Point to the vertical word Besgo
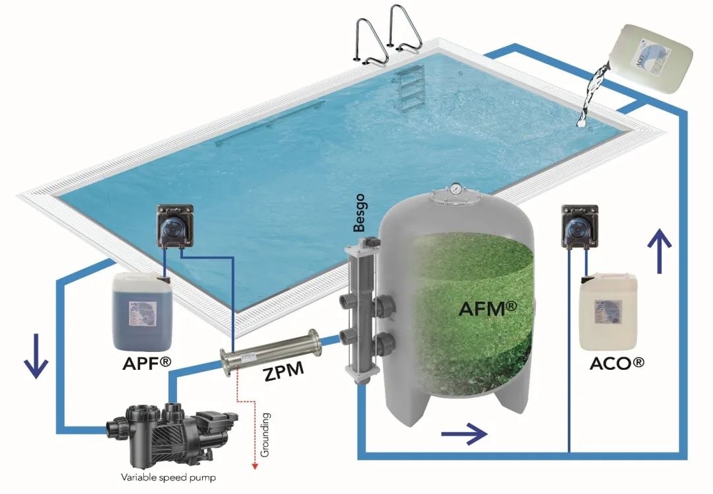click(x=359, y=215)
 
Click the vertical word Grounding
click(x=265, y=434)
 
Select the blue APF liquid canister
click(x=143, y=311)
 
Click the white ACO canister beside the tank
click(x=608, y=310)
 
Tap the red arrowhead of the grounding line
click(x=254, y=467)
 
